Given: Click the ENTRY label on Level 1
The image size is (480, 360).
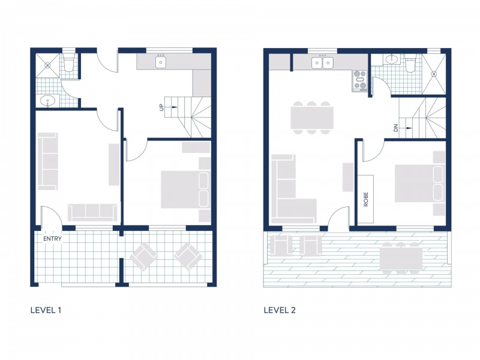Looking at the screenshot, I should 52,239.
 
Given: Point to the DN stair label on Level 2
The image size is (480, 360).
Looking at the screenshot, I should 396,127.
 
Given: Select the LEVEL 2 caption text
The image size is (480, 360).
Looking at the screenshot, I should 280,310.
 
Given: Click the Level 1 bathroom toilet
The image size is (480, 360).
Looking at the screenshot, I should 69,64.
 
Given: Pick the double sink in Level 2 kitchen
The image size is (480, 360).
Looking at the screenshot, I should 323,62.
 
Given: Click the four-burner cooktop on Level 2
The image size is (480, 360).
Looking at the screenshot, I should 360,80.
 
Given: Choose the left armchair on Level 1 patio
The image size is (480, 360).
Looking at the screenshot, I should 143,256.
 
